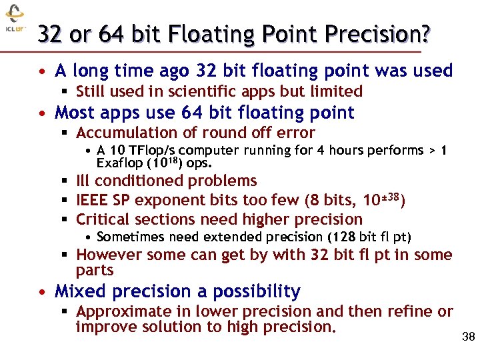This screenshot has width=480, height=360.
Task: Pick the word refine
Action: click(415, 311)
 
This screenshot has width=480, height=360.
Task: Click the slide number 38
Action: click(468, 337)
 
